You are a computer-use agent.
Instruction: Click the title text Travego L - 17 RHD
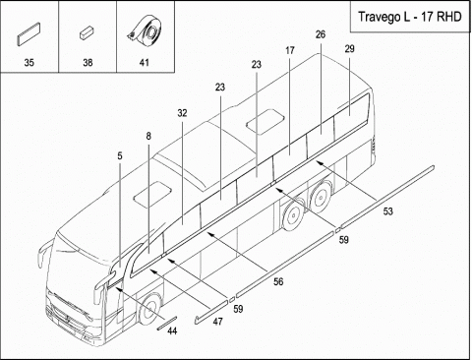409,17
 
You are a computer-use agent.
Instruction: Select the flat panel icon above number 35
29,34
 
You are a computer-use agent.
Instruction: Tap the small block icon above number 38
87,33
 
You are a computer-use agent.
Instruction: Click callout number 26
321,34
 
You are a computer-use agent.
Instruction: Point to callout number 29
349,49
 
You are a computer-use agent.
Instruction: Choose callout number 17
290,50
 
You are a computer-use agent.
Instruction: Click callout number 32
182,113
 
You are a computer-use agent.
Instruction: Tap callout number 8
148,136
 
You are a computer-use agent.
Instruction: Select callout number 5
120,156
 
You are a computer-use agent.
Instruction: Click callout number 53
387,211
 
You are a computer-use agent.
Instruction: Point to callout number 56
278,281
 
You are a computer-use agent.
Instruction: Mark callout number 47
217,322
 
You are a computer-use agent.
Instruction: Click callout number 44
172,331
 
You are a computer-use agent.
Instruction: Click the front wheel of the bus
150,308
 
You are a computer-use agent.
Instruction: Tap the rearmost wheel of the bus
321,195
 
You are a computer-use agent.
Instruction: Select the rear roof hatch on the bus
265,122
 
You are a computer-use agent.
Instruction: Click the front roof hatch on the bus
152,194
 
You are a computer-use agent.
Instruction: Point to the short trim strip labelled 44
167,323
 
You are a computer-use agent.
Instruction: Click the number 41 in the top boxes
145,62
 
